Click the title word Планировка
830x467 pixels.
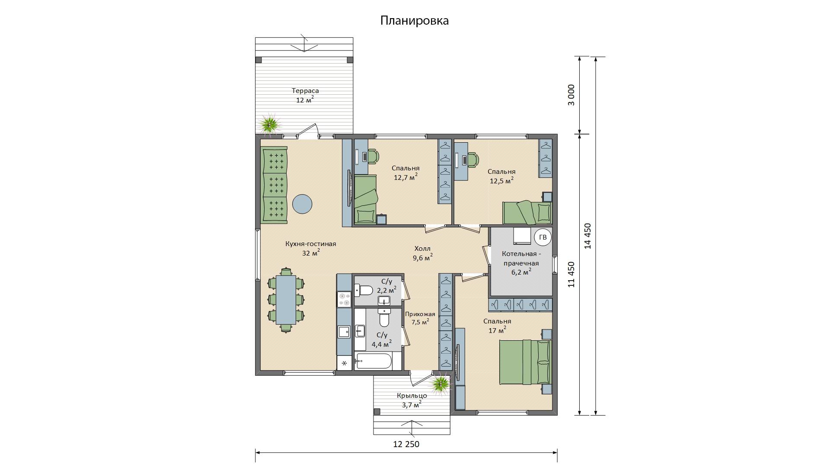coord(415,21)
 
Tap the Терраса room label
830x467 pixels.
coord(305,91)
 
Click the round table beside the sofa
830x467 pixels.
coord(302,203)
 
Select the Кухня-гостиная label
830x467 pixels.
coord(310,244)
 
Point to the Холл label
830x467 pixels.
coord(422,249)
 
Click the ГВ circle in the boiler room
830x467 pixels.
coord(543,237)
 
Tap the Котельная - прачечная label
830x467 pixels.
coord(520,259)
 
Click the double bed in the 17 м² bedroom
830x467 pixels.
coord(526,362)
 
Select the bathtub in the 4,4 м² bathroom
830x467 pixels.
coord(373,361)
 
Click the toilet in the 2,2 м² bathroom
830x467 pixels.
coord(364,290)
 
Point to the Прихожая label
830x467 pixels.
coord(420,314)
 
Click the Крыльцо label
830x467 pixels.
coord(412,396)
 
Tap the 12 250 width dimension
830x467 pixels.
coord(406,444)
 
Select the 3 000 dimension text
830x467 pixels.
coord(571,95)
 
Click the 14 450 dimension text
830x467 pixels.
coord(587,236)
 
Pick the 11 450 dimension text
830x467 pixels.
coord(571,275)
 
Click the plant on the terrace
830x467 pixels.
coord(270,124)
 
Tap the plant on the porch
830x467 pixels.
coord(441,384)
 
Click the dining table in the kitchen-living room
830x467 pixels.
coord(286,300)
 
